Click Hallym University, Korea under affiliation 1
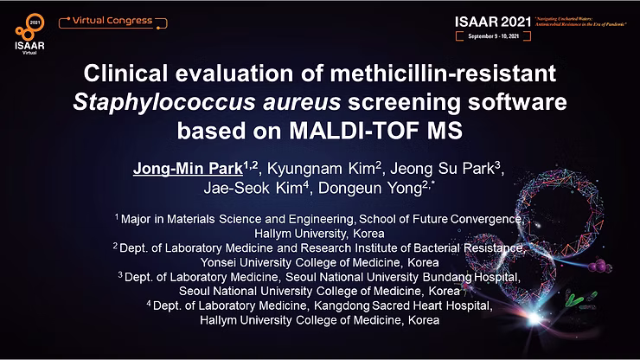320,234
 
